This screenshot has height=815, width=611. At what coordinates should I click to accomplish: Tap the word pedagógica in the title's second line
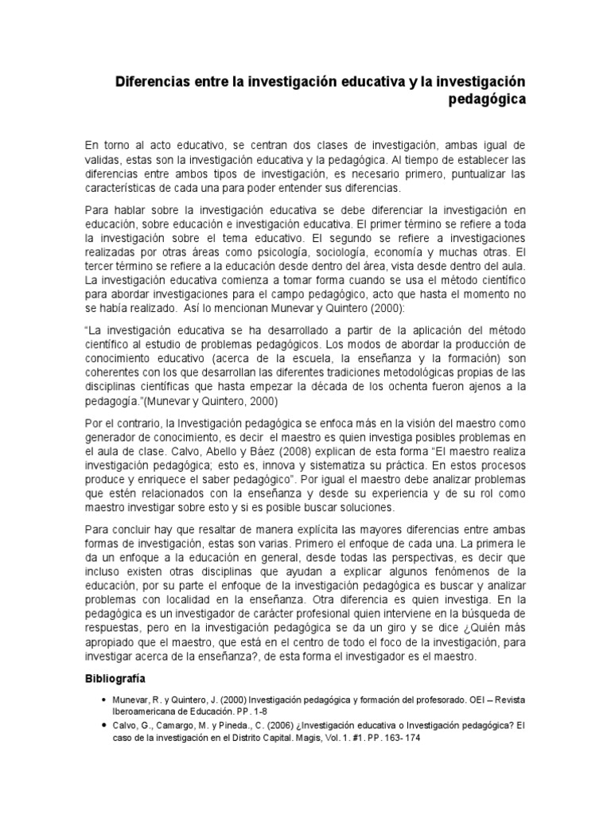coord(486,100)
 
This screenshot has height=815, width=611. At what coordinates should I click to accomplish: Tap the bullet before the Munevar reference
coord(104,698)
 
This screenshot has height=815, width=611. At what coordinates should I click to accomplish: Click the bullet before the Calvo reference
coord(104,726)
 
